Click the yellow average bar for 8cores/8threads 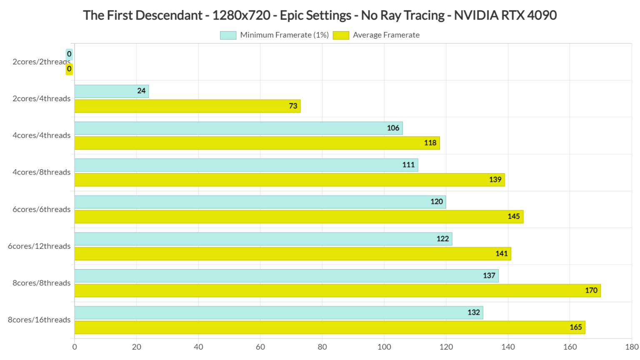(337, 290)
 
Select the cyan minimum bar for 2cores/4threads (111, 91)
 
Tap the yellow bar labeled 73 (187, 106)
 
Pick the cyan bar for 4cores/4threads (238, 128)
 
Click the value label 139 (495, 180)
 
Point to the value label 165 (575, 327)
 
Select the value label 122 (442, 239)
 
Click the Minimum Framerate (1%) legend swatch (228, 35)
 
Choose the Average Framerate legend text (386, 35)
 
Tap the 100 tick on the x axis (384, 347)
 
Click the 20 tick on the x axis (137, 347)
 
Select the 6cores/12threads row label (39, 246)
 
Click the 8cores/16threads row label (39, 320)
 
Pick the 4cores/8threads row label (41, 172)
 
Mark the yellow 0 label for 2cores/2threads (69, 69)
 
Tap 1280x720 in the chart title (241, 15)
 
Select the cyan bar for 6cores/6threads (260, 202)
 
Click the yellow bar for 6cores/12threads (292, 254)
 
